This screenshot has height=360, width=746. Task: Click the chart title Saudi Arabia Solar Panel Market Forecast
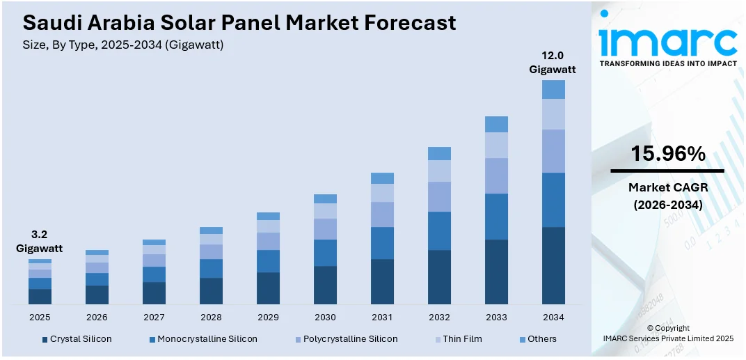[239, 22]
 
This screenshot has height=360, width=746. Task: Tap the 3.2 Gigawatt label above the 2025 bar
[39, 241]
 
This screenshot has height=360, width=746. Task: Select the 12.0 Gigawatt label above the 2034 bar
[553, 62]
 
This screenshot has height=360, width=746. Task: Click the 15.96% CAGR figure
[667, 154]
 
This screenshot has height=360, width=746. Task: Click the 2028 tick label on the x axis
[211, 318]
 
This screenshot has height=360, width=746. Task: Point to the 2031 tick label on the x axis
[382, 318]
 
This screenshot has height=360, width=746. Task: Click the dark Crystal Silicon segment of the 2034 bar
[553, 265]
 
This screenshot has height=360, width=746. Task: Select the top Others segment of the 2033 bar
[496, 124]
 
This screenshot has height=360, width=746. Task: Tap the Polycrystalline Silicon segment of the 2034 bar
[553, 151]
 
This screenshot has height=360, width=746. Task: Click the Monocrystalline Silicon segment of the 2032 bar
[439, 230]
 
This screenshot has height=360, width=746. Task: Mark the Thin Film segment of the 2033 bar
[496, 145]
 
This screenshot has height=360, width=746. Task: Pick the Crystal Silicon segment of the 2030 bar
[325, 285]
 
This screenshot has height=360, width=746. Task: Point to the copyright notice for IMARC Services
[667, 333]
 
